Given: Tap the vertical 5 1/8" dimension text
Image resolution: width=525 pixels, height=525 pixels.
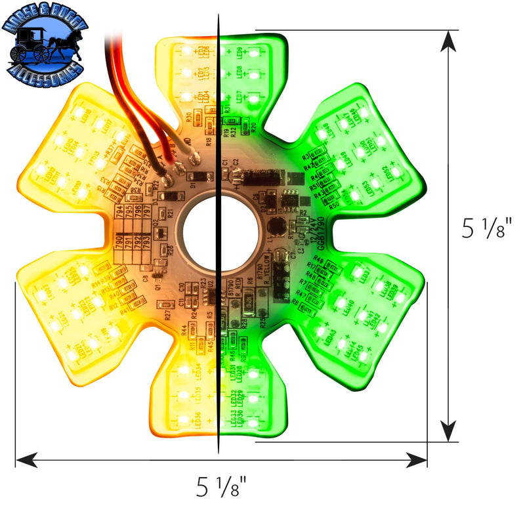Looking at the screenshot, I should click(486, 228).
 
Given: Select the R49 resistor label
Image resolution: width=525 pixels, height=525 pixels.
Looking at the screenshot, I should click(318, 261).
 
